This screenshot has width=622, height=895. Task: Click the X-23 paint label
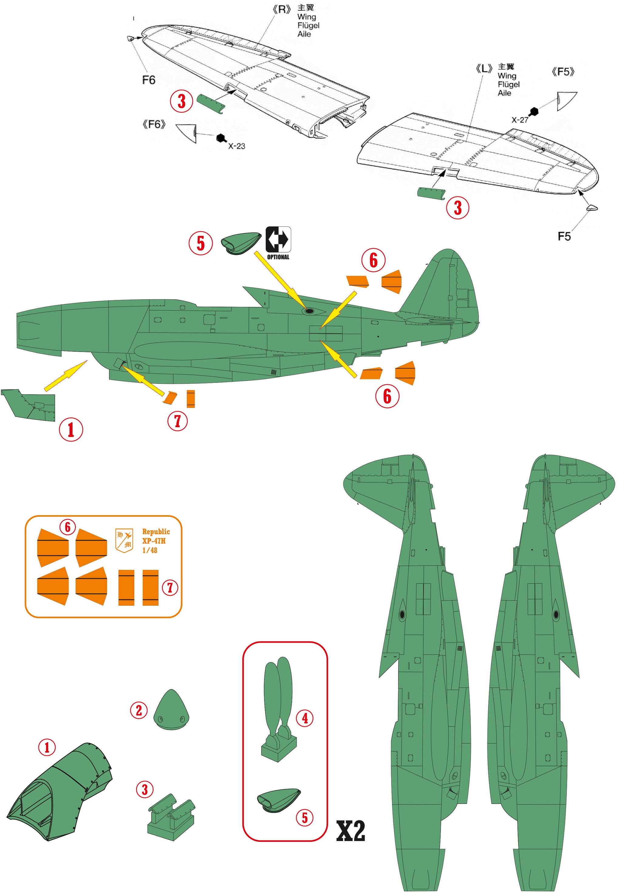[x=236, y=146]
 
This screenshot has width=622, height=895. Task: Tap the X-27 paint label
[x=520, y=120]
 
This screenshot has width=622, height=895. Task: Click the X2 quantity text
[x=350, y=831]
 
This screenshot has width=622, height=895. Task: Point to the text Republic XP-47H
[x=155, y=536]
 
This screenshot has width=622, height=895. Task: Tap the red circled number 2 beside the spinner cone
[x=139, y=710]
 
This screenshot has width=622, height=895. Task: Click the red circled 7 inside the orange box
[x=170, y=588]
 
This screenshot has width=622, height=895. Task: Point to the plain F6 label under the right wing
[x=149, y=80]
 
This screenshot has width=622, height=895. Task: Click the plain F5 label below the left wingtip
[x=564, y=237]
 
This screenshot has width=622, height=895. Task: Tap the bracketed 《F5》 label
[x=563, y=72]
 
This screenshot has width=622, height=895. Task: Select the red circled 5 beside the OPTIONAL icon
[x=201, y=243]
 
